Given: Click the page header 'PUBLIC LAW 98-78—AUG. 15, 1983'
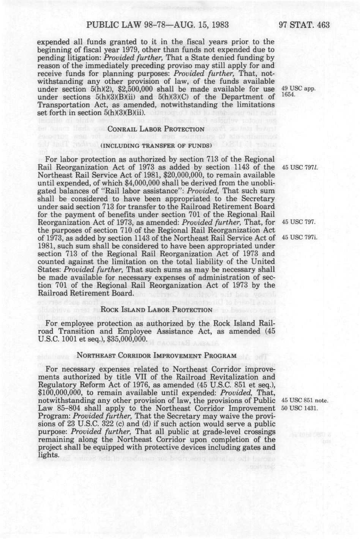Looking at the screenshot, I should point(158,25).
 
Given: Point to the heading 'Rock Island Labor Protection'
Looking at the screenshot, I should point(156,310).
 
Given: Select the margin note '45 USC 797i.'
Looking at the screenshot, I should point(299,238).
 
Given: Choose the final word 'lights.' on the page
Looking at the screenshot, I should point(49,455).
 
